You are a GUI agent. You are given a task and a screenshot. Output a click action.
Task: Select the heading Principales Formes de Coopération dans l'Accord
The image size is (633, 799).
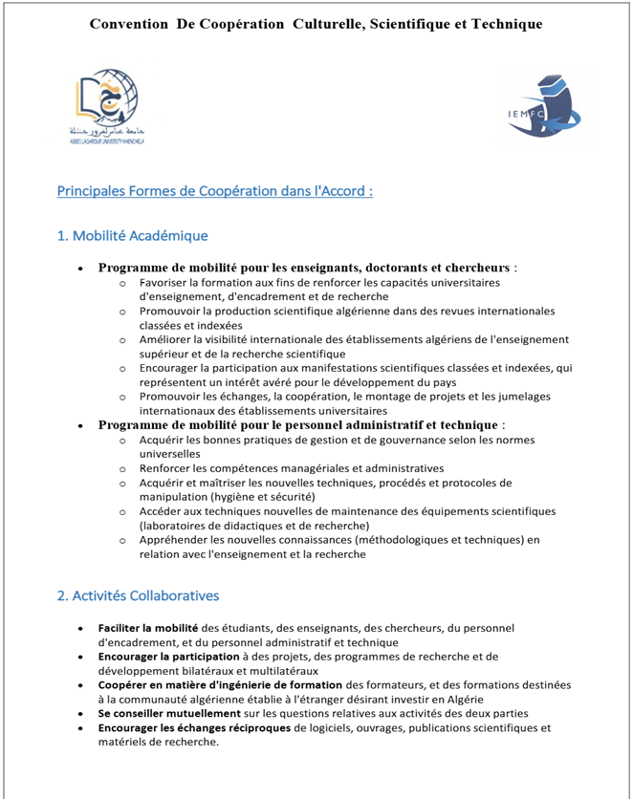tap(214, 191)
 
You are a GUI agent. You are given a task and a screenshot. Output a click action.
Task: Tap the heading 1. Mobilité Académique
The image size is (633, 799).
tap(132, 236)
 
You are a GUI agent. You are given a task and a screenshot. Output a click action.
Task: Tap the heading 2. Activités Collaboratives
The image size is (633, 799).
tap(138, 595)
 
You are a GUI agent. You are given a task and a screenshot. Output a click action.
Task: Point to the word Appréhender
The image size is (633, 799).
tap(176, 540)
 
